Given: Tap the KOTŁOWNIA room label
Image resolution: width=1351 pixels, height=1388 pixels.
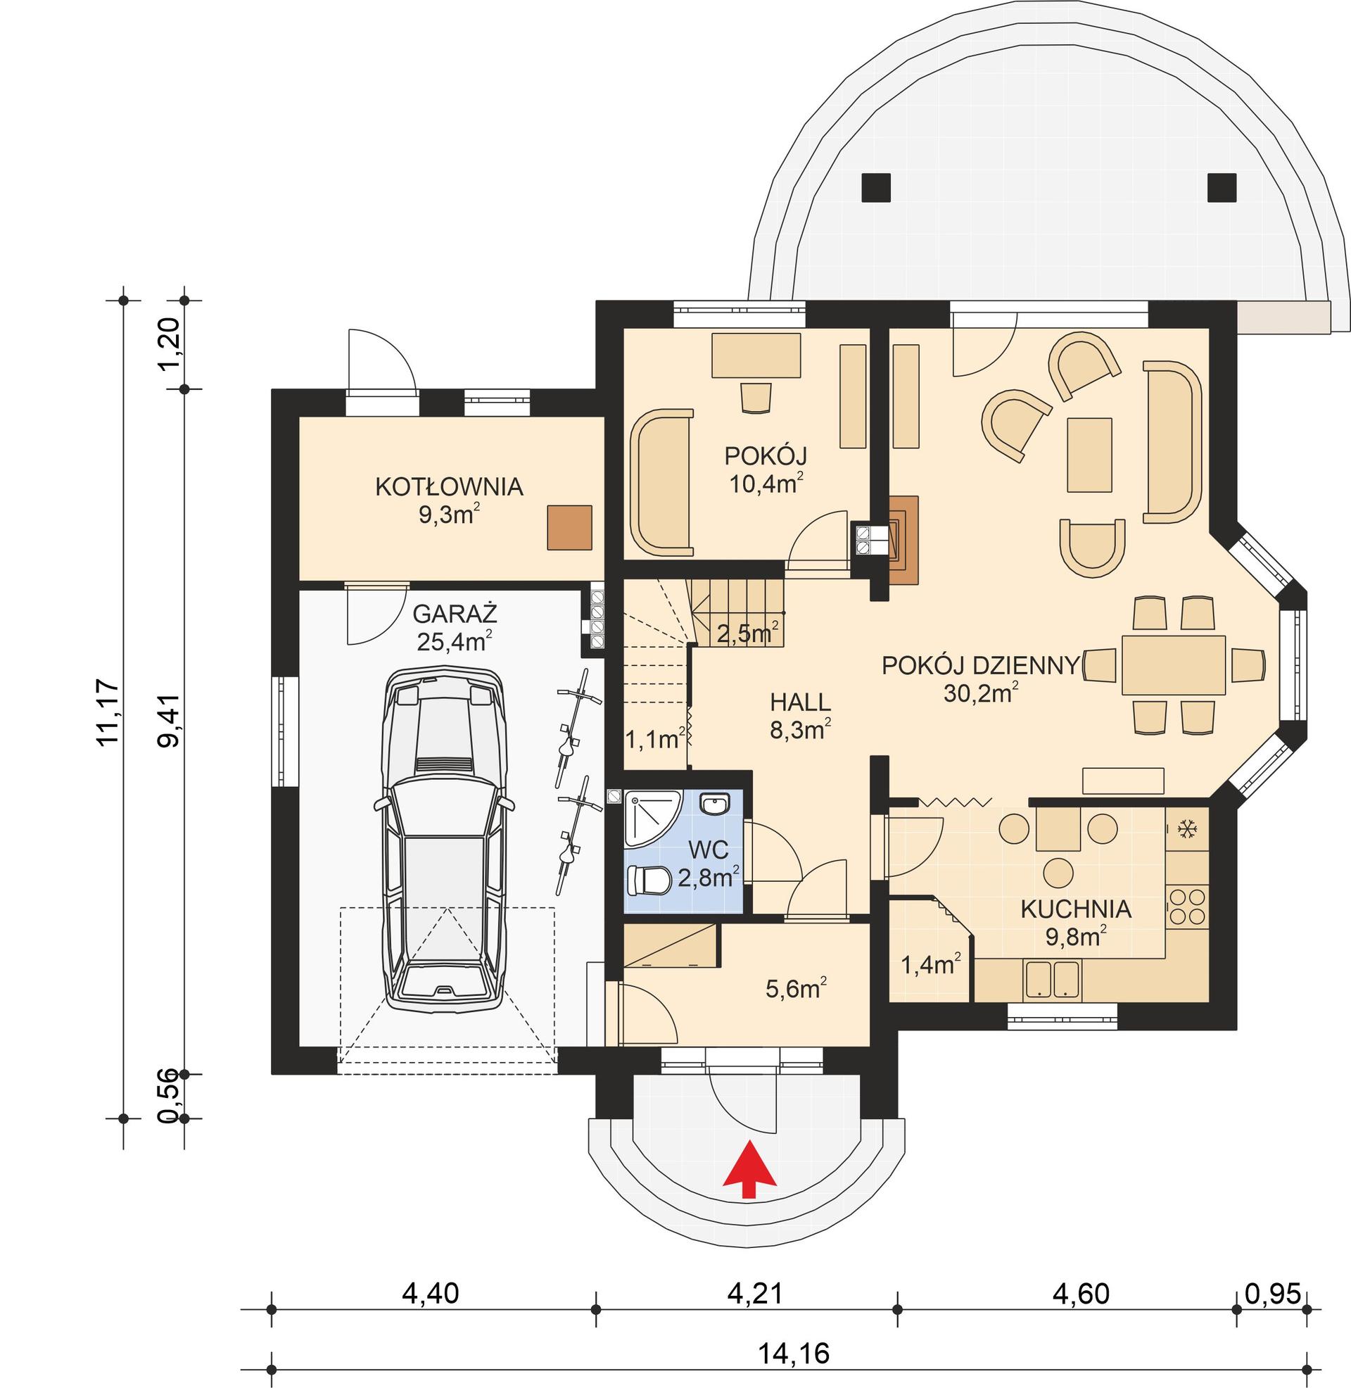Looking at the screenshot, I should pyautogui.click(x=448, y=487).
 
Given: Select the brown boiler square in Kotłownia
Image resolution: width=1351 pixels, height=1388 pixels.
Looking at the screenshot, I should pyautogui.click(x=569, y=526).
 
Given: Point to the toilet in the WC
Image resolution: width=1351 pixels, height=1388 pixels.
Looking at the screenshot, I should pyautogui.click(x=649, y=881).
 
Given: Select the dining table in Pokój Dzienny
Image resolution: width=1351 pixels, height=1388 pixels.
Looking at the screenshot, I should pyautogui.click(x=1174, y=665).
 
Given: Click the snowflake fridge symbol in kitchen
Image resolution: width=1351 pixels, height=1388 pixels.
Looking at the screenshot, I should pyautogui.click(x=1187, y=828).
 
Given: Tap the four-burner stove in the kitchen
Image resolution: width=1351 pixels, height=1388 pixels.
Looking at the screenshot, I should pyautogui.click(x=1186, y=906).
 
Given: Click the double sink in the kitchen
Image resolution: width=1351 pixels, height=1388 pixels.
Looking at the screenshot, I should pyautogui.click(x=1052, y=979).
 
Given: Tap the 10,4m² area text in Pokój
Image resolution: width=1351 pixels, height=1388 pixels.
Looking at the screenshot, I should pyautogui.click(x=766, y=484).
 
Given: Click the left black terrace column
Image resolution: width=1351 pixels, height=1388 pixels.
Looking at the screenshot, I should pyautogui.click(x=875, y=187).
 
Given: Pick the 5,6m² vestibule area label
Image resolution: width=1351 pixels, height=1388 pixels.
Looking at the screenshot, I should pyautogui.click(x=796, y=988).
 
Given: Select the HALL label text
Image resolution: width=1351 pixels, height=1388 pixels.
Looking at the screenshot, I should pyautogui.click(x=799, y=702).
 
